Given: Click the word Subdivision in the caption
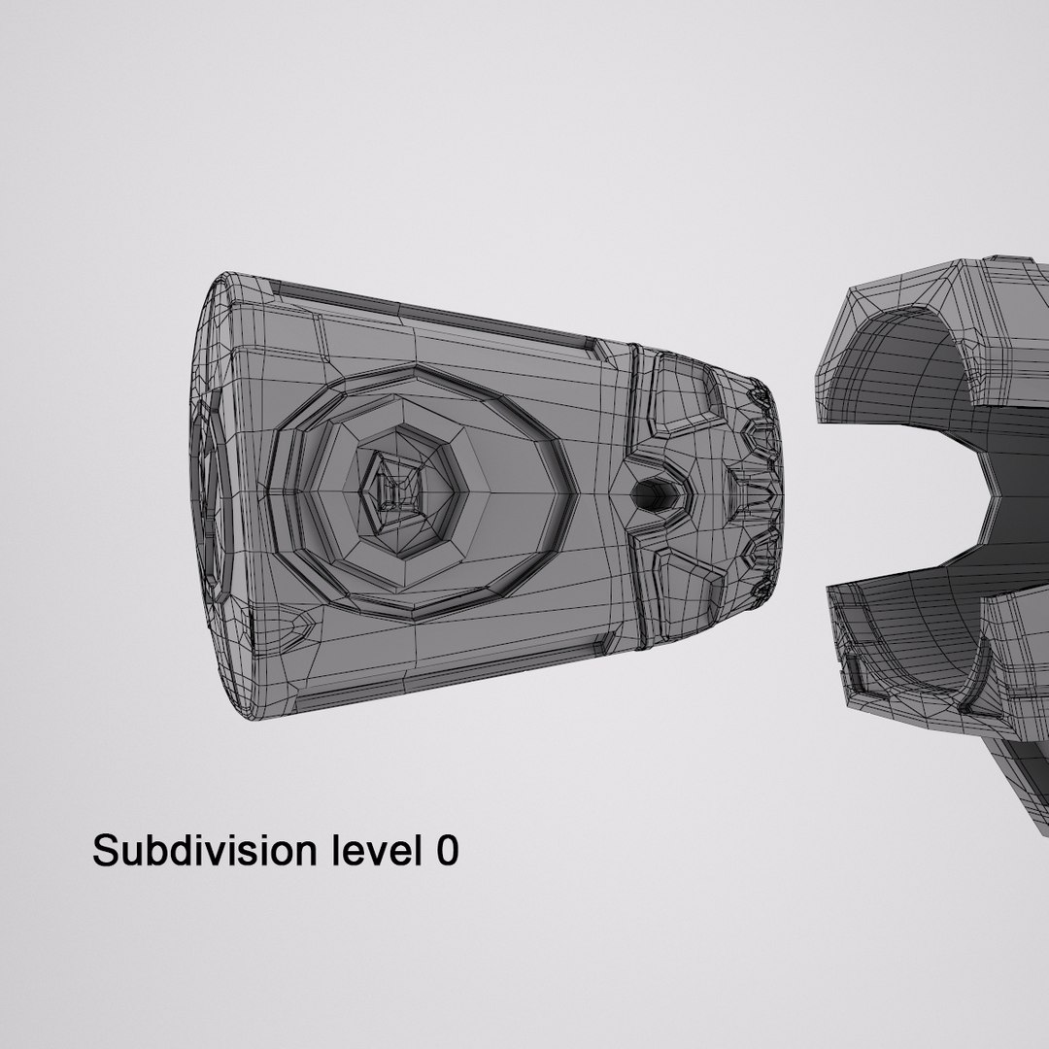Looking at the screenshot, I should coord(203,851).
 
